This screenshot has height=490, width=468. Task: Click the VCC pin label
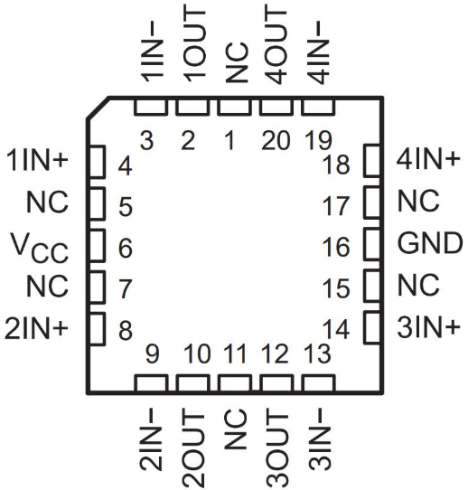coord(40,248)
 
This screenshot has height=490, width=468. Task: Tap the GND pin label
coord(430,243)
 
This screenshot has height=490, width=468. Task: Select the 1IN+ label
coord(37,160)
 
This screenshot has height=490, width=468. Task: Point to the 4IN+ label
coord(428,159)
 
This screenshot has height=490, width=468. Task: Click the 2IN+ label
coord(36,328)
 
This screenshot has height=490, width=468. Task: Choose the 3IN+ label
coord(428,327)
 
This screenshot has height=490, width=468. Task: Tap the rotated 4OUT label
coord(276,45)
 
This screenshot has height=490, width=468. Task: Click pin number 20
coord(276,141)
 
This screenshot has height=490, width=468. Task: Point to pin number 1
coord(230,141)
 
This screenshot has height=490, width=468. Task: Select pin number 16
coord(336,247)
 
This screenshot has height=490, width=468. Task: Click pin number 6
coord(126,249)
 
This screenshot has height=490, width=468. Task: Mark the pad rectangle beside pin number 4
coord(97,162)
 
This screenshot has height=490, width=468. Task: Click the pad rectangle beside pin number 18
coord(372,161)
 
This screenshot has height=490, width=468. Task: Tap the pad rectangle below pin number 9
coord(151,383)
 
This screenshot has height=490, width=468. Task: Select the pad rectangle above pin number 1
coord(234,107)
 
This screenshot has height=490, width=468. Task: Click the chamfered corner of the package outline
coord(98,108)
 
